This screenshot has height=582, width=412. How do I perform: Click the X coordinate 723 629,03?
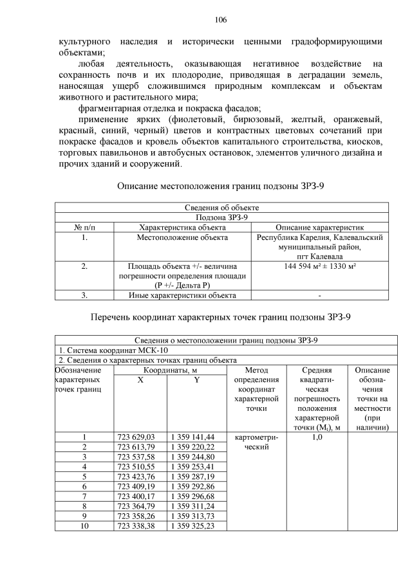point(140,437)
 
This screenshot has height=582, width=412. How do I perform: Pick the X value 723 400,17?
point(140,496)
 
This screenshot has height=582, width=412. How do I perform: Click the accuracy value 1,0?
point(317,437)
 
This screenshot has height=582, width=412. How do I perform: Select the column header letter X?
point(140,380)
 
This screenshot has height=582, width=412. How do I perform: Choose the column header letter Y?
point(195,380)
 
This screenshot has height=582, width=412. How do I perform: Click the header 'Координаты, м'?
point(165,370)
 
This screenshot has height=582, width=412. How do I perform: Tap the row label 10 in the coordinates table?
point(84,526)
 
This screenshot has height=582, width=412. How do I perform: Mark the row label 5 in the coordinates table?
point(84,477)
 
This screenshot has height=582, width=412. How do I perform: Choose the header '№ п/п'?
point(84,227)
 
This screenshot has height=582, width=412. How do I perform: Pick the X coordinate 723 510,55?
point(140,466)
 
